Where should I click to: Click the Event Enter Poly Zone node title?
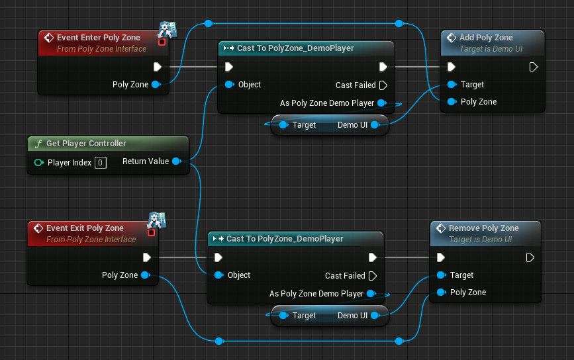98,38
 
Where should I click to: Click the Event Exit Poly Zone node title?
85,228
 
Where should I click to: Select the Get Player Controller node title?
86,144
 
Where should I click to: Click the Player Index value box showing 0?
100,162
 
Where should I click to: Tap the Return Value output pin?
175,161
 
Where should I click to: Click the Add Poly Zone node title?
486,38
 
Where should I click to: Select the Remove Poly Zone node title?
483,228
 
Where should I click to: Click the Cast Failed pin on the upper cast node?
383,85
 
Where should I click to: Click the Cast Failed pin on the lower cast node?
372,275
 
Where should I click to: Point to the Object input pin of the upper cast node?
228,85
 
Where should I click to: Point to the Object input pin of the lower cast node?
218,275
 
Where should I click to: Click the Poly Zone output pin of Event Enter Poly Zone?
156,85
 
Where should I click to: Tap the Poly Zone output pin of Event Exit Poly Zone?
145,275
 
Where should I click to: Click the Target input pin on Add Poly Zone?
451,85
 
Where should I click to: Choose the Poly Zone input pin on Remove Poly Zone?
440,292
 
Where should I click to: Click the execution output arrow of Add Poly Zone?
533,67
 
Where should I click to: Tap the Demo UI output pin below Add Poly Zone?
374,125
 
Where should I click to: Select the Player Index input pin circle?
38,162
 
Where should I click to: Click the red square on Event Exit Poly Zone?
151,232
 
